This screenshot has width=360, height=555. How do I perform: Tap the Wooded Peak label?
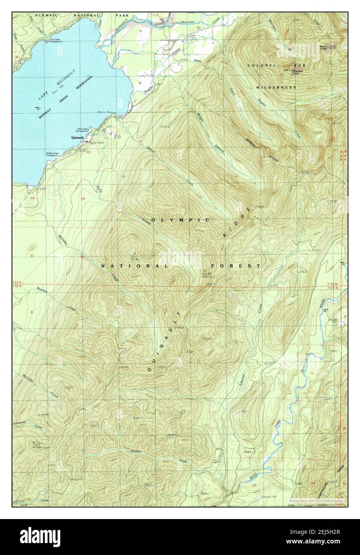298,72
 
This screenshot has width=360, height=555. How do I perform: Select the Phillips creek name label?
136,451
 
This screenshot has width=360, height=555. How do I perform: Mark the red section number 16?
140,83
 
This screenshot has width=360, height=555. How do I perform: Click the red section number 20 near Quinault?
89,152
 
